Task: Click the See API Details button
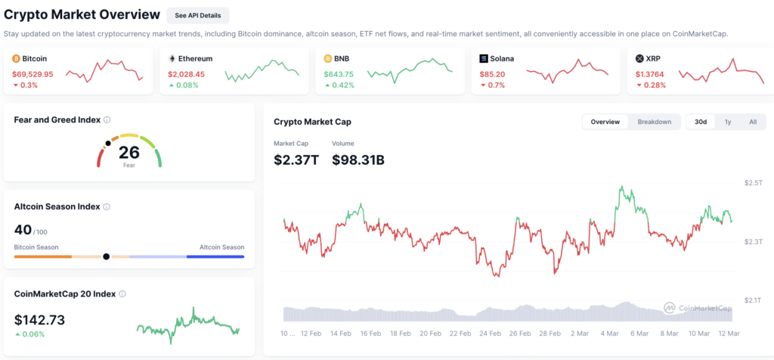click(x=198, y=15)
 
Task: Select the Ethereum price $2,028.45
click(x=186, y=75)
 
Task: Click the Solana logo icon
click(x=484, y=59)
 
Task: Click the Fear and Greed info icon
click(x=107, y=120)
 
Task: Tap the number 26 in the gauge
click(x=128, y=152)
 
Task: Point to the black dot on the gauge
click(x=108, y=143)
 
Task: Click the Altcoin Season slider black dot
click(x=106, y=256)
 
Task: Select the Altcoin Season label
click(x=221, y=247)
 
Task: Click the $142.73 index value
click(x=39, y=320)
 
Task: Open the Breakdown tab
click(x=654, y=122)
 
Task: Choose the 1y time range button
click(x=728, y=122)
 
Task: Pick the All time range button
click(x=753, y=122)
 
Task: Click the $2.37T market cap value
click(x=296, y=160)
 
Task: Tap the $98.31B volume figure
click(x=358, y=160)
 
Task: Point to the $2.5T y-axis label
click(x=754, y=183)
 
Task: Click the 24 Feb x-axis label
click(x=490, y=334)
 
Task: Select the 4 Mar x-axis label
click(x=609, y=334)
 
